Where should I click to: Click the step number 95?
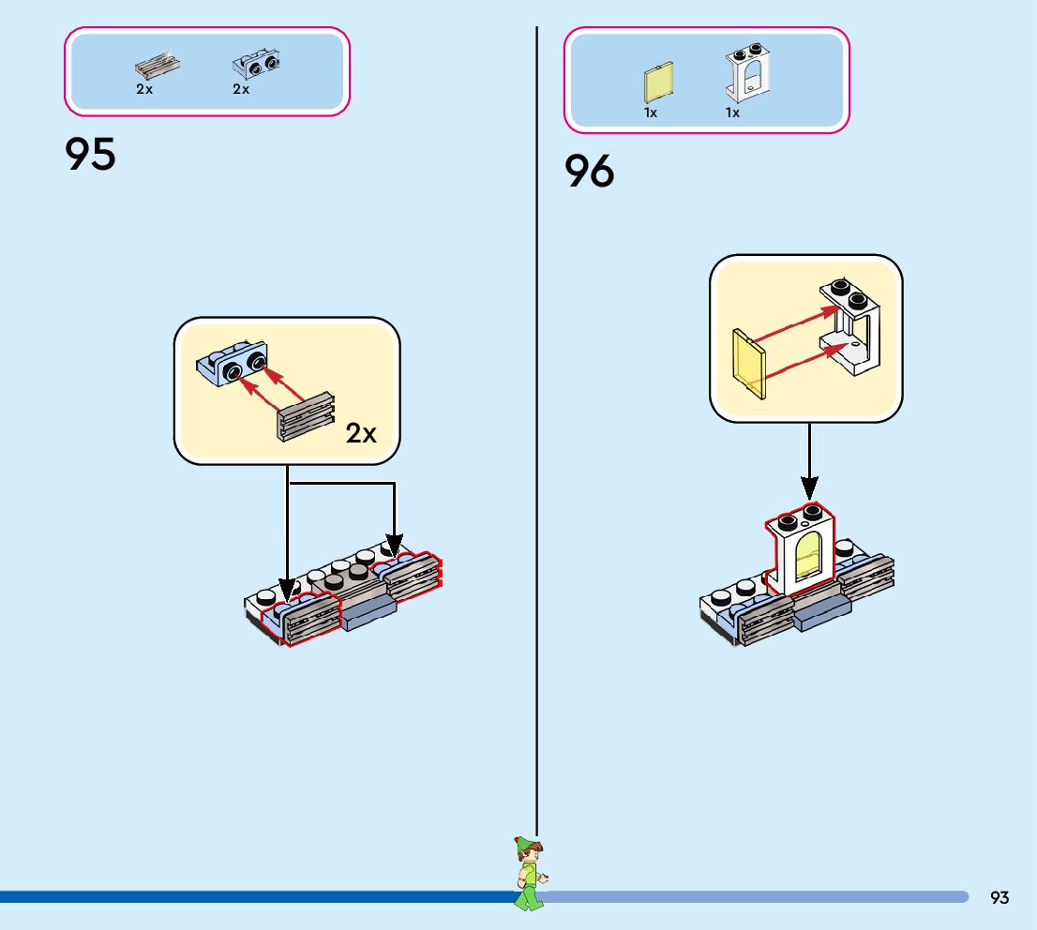[91, 155]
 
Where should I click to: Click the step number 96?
[590, 172]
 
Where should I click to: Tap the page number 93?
[999, 898]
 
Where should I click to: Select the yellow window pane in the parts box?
[658, 83]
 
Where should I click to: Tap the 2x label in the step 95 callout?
[361, 433]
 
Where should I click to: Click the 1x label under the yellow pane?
[651, 112]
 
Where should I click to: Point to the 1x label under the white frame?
[732, 112]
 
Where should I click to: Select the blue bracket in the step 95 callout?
[232, 366]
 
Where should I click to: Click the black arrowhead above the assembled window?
[809, 488]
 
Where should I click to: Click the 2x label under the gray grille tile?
[143, 90]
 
